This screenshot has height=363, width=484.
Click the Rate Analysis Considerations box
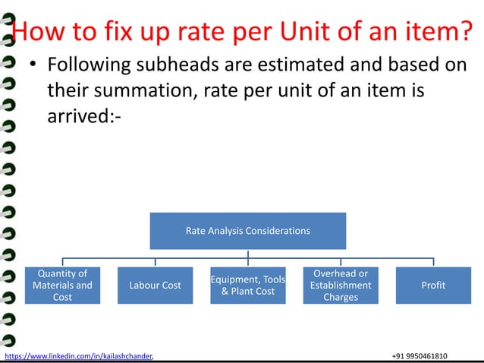tap(248, 231)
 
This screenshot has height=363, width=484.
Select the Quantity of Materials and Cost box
tap(62, 285)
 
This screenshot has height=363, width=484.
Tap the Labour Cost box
tap(156, 285)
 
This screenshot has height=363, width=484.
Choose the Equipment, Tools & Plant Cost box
tap(248, 285)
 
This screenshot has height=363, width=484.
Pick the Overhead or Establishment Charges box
tap(341, 285)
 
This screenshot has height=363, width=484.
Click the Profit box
tap(433, 285)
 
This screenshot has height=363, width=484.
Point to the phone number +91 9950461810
tap(420, 355)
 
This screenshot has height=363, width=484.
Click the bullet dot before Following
tap(33, 65)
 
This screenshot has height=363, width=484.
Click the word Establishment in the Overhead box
tap(341, 285)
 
